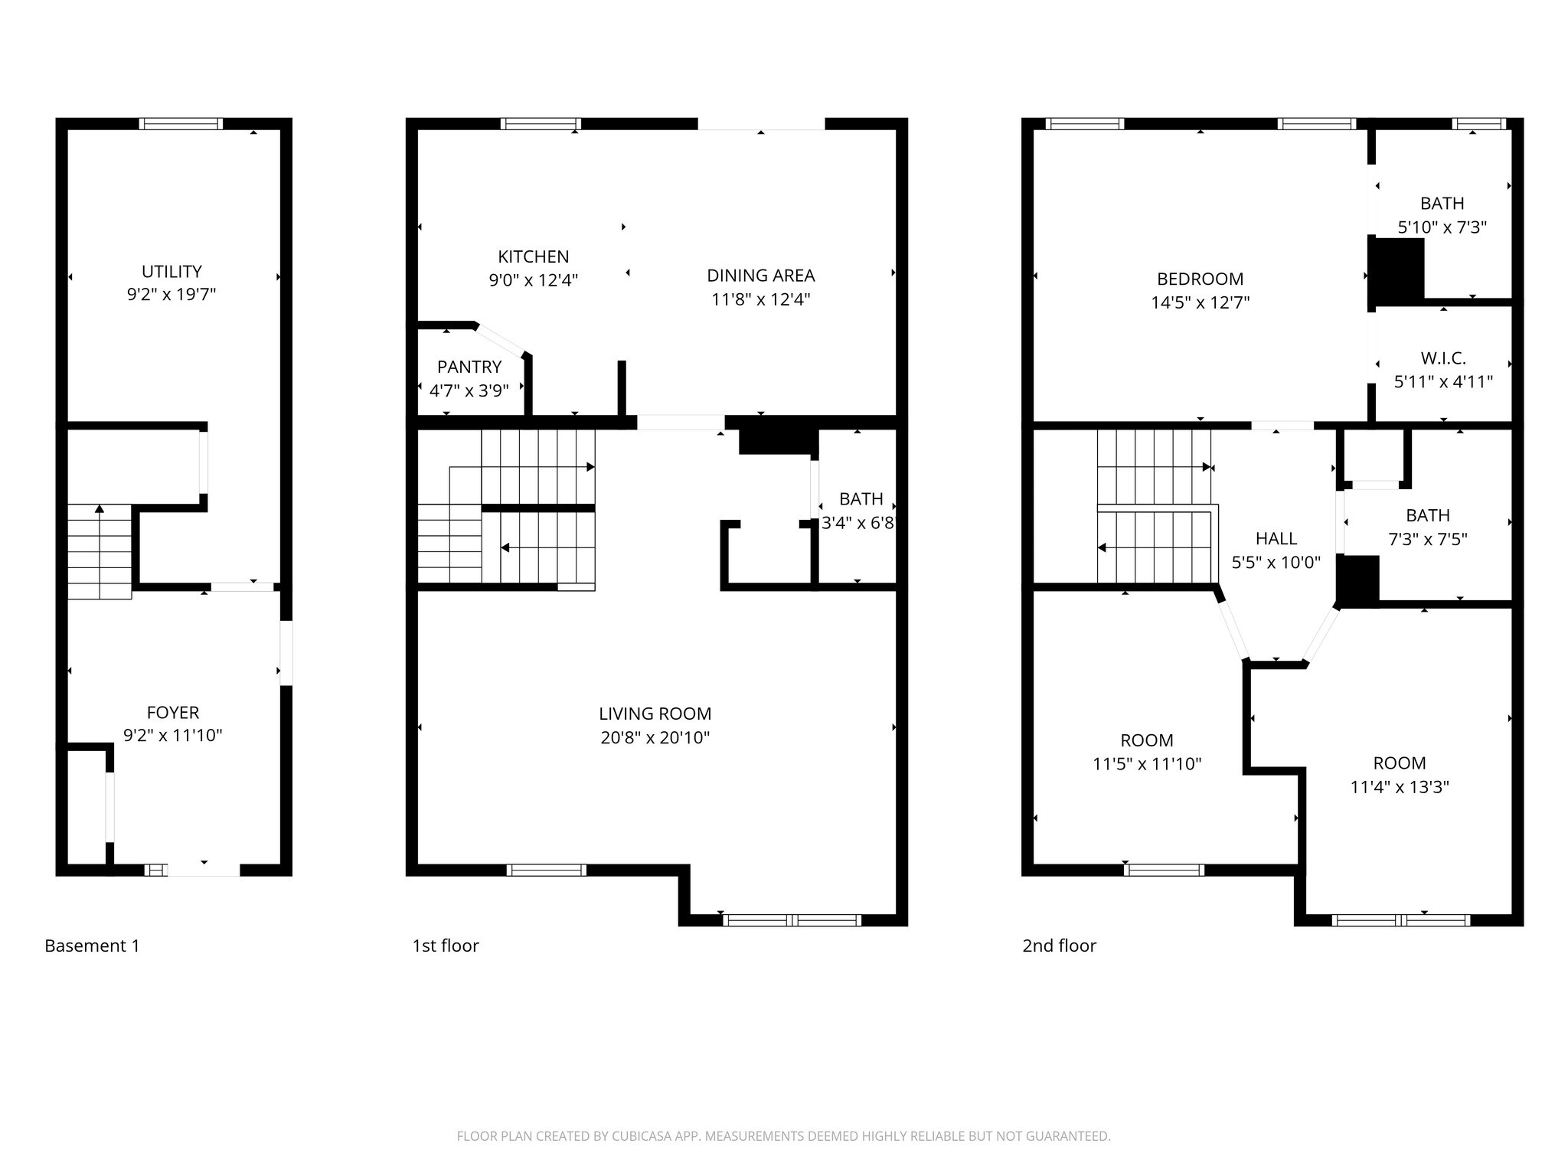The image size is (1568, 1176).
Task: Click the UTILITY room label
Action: [171, 271]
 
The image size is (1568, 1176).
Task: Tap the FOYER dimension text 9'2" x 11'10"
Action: [172, 736]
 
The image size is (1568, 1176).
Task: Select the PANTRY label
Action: [469, 367]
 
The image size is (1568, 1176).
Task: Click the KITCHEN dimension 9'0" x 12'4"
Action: [533, 280]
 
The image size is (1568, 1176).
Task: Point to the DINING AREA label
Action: [760, 275]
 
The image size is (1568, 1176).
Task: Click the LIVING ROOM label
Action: [655, 714]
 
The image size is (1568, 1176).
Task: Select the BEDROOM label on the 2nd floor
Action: [1200, 279]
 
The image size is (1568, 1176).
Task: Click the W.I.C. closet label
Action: [1442, 358]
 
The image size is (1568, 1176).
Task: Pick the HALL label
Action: [1276, 538]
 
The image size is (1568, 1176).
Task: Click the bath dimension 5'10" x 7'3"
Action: [1442, 227]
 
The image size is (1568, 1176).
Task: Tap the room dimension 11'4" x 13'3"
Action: [1399, 787]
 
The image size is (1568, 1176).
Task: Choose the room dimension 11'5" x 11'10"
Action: [1146, 764]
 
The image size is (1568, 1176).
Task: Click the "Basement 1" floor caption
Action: [92, 946]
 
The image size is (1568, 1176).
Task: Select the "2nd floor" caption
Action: [1059, 946]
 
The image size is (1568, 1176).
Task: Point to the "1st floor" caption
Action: [445, 946]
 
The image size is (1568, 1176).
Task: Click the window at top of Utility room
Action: [181, 123]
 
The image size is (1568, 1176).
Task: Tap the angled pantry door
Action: [501, 341]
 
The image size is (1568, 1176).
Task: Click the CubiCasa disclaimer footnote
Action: [783, 1136]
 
